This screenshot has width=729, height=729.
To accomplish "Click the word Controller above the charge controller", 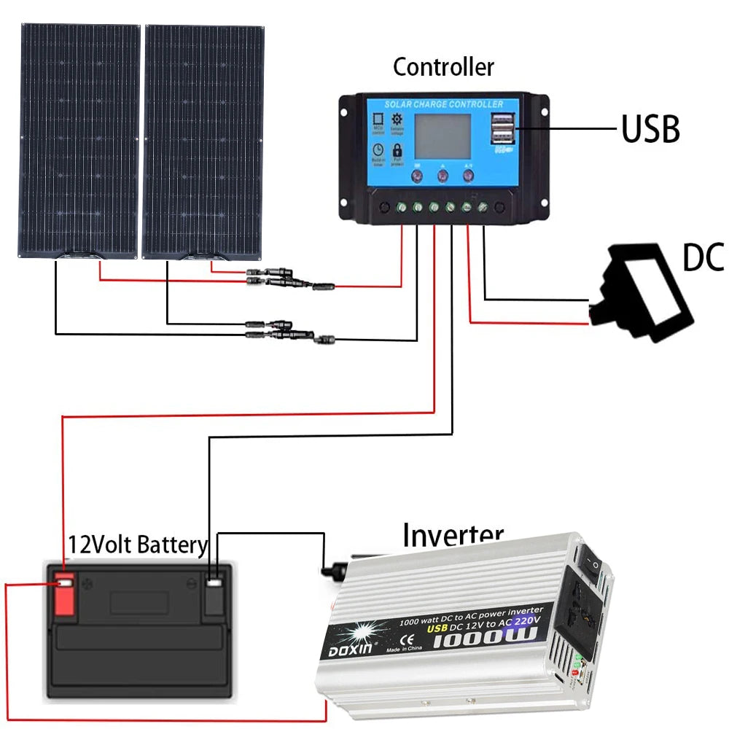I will pos(443,67).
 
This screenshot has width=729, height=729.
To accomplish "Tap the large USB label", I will pos(650,130).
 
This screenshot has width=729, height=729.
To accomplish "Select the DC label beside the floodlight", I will pos(703,258).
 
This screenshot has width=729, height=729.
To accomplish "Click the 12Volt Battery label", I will pos(138,545).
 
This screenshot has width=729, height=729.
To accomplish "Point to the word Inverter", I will pos(453,535).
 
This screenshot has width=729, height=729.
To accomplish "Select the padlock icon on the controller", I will pos(397,151).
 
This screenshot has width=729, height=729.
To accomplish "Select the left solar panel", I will pos(79,140).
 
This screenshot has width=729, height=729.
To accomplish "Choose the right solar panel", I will pos(203,140).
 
